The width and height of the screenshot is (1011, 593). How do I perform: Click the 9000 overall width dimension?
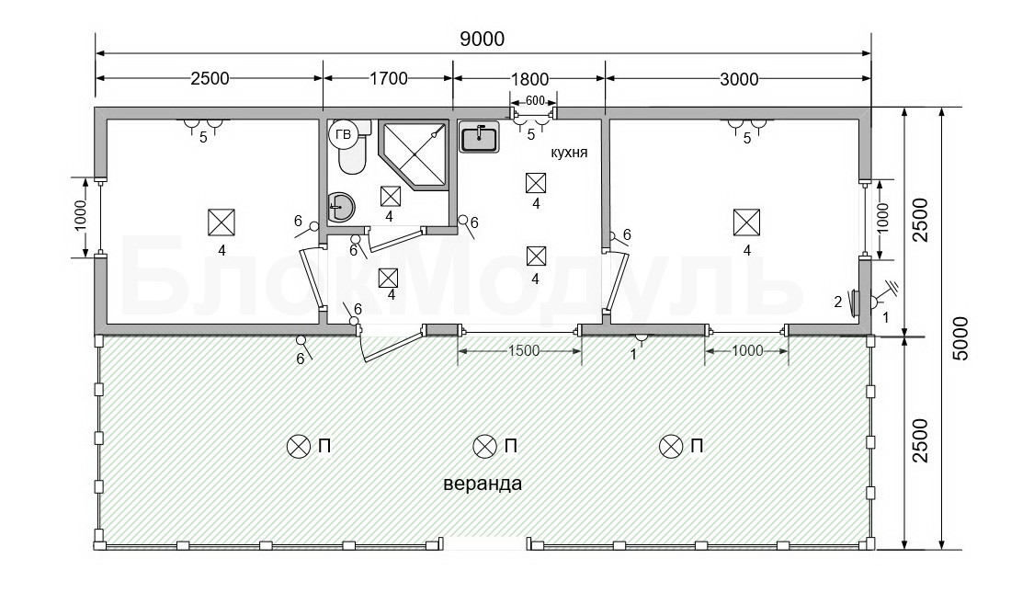(x=483, y=39)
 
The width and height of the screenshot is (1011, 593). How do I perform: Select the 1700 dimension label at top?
(x=388, y=79)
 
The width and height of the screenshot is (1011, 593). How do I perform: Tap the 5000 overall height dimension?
(x=960, y=338)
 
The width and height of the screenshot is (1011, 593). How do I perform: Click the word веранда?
(x=483, y=484)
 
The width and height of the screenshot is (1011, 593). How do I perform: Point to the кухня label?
(x=569, y=153)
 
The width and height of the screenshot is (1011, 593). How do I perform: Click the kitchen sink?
(x=479, y=137)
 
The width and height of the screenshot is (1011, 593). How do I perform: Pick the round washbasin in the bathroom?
(x=340, y=207)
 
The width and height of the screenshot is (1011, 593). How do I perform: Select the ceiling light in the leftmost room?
(x=222, y=222)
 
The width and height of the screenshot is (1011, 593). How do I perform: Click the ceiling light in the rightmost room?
(x=746, y=222)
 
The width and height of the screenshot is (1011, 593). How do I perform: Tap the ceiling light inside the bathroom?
(x=390, y=196)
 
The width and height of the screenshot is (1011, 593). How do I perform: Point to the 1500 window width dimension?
(x=523, y=351)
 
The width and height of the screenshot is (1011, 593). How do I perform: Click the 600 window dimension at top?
(x=535, y=100)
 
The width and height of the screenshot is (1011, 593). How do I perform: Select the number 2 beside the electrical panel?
(x=837, y=302)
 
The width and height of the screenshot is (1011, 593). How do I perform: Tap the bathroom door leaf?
(x=394, y=239)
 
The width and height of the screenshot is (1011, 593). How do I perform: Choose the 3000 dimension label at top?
(x=739, y=79)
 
